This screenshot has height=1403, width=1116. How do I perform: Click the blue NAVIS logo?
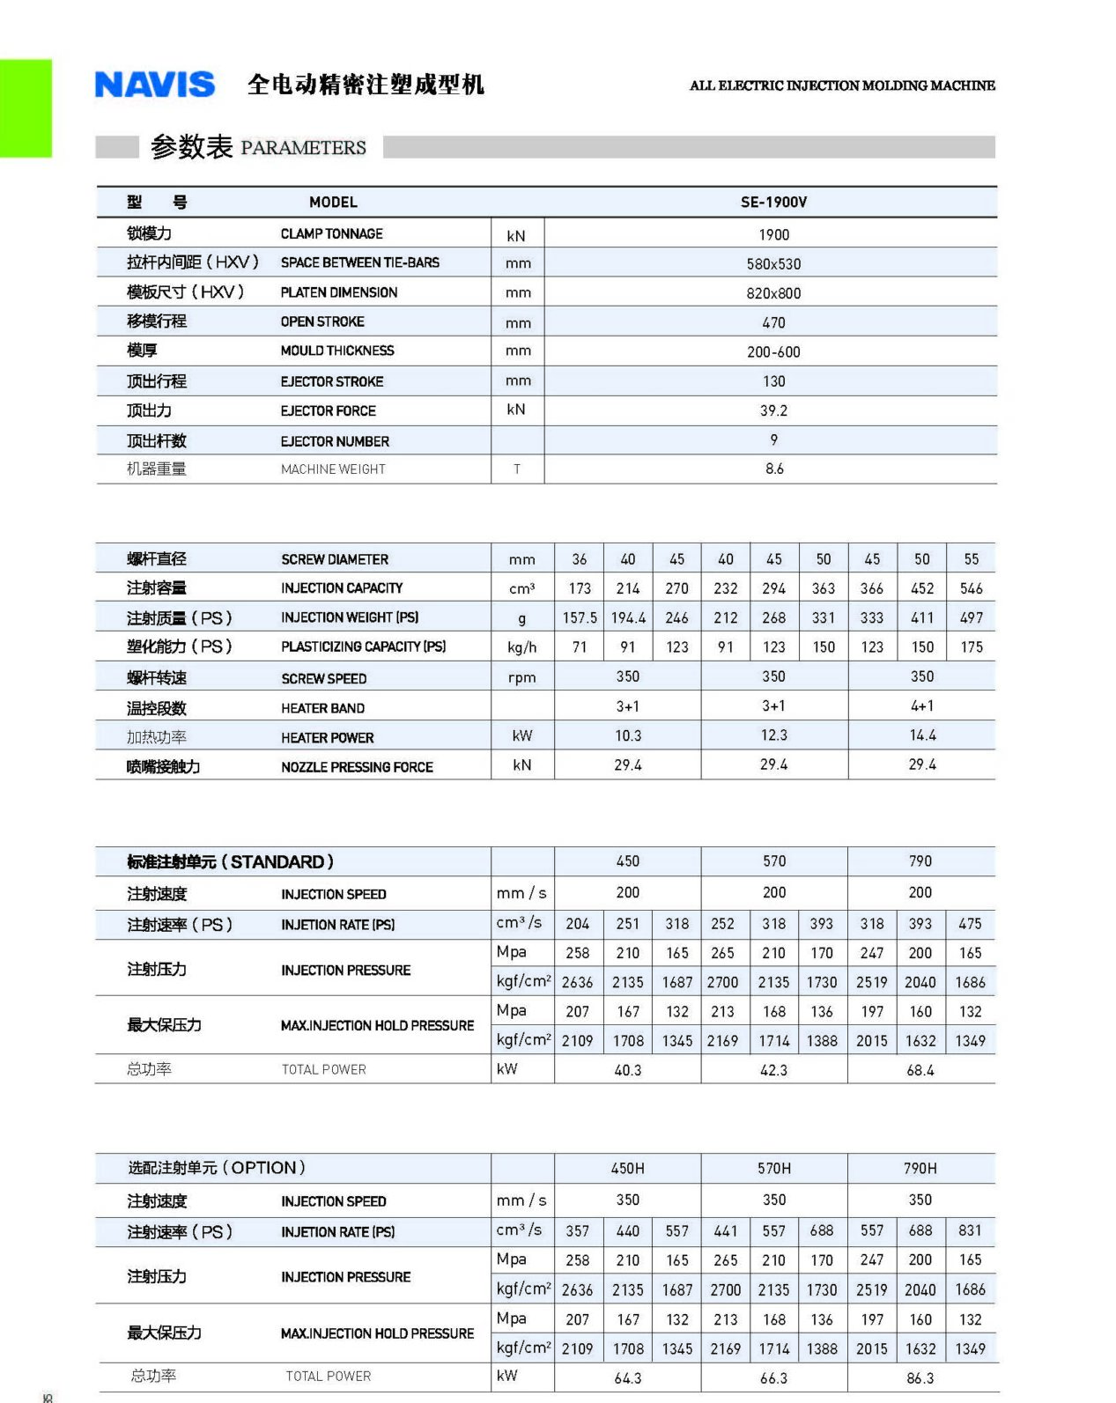click(x=154, y=85)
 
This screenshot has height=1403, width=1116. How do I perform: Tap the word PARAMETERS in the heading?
click(x=303, y=147)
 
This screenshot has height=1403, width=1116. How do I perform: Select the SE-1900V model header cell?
click(x=773, y=202)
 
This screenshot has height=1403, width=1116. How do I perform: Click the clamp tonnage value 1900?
click(x=773, y=234)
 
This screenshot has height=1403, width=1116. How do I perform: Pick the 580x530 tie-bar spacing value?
click(x=773, y=263)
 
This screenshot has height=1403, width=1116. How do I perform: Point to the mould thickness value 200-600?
click(x=773, y=351)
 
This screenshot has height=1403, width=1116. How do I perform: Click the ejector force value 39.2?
click(x=773, y=410)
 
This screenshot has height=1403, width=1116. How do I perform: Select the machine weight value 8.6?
click(x=773, y=469)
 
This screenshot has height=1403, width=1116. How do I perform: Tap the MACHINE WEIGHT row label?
click(x=333, y=469)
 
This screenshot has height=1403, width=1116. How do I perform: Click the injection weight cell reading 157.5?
click(x=580, y=617)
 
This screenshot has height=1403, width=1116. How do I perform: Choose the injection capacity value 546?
click(x=971, y=588)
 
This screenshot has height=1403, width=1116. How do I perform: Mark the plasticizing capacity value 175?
click(x=971, y=646)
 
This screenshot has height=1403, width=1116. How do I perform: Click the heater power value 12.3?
click(x=773, y=735)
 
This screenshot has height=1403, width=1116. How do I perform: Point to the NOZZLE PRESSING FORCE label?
click(x=357, y=767)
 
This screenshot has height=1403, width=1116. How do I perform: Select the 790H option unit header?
click(x=920, y=1168)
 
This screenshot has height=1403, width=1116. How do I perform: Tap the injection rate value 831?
click(x=970, y=1230)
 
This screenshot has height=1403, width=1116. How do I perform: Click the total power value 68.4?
click(x=920, y=1069)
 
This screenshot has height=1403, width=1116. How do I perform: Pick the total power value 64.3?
click(x=627, y=1377)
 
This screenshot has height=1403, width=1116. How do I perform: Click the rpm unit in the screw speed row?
click(x=521, y=677)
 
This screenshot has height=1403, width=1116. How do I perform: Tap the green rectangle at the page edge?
click(x=26, y=108)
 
